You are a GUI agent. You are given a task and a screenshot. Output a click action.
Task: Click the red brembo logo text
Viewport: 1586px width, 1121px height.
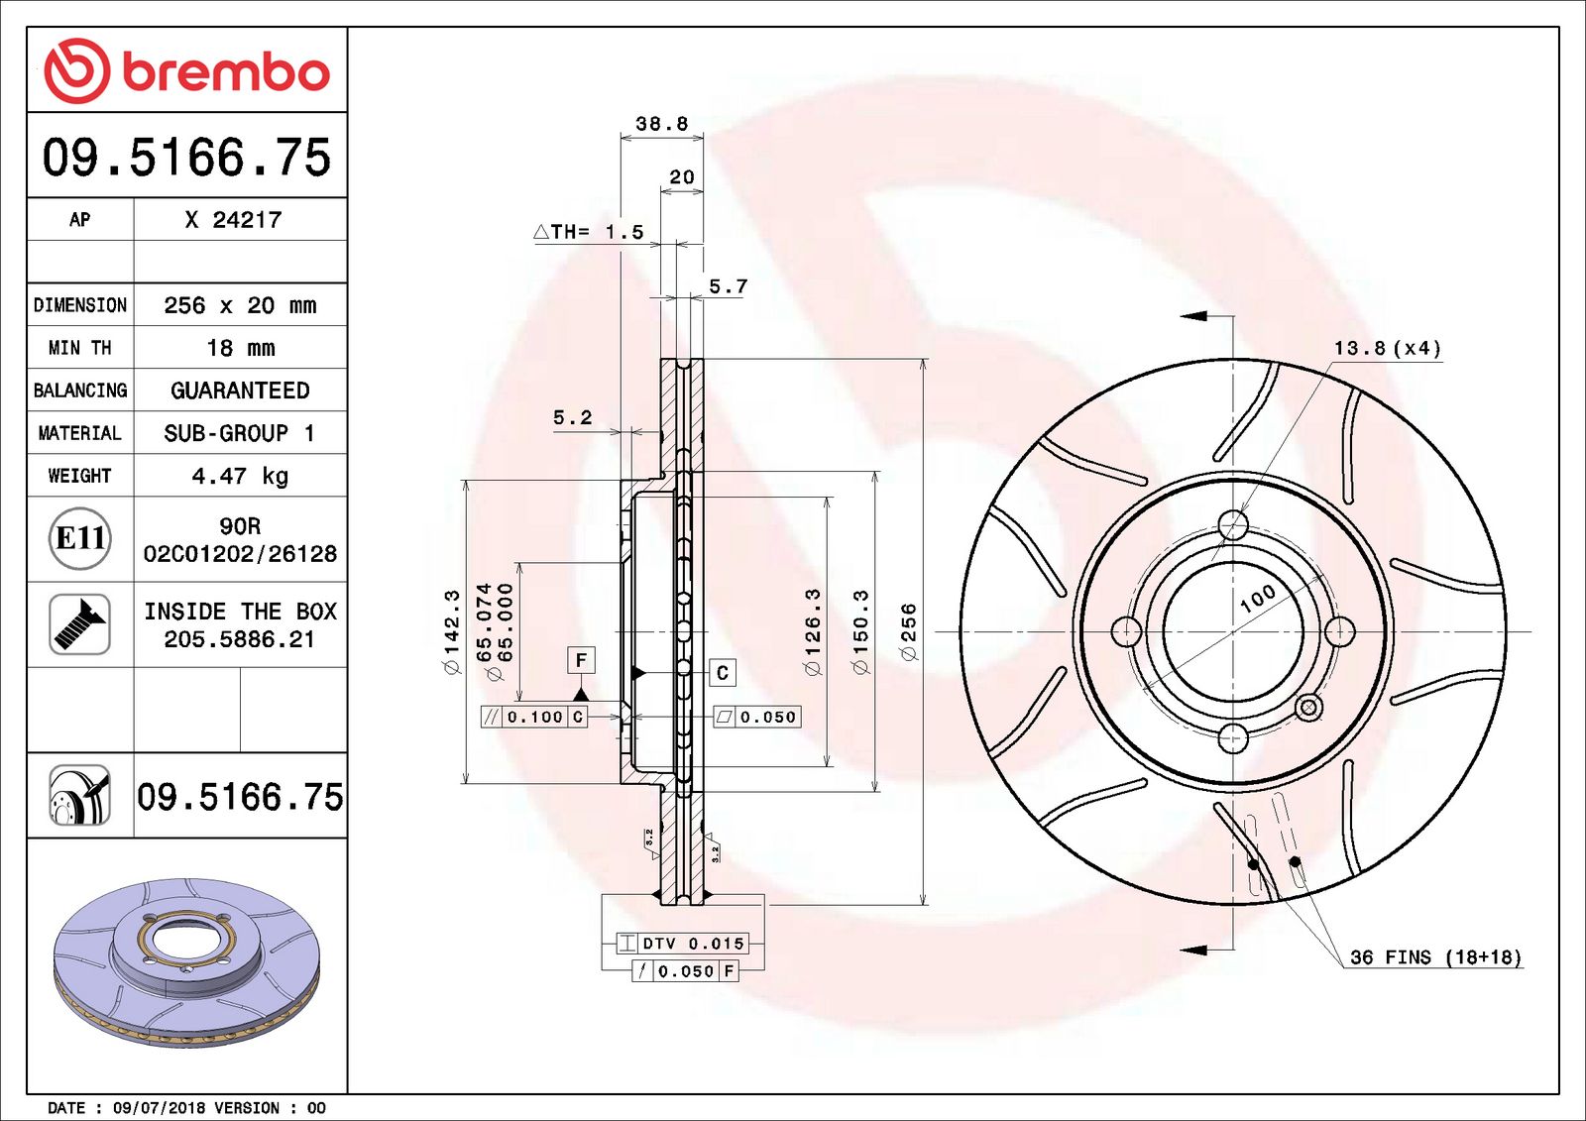(x=226, y=72)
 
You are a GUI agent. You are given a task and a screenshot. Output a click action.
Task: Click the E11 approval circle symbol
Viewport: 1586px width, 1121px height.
(x=79, y=538)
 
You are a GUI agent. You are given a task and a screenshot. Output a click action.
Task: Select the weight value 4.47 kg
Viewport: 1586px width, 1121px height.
(x=240, y=476)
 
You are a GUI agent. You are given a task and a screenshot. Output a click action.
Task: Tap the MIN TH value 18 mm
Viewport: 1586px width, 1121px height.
(x=240, y=348)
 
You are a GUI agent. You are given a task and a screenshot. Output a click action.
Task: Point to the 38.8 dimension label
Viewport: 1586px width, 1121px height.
(x=661, y=124)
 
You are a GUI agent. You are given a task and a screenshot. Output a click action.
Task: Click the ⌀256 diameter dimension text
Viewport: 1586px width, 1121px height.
(x=908, y=631)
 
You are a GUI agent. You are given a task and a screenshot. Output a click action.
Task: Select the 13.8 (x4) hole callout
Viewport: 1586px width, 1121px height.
(x=1387, y=348)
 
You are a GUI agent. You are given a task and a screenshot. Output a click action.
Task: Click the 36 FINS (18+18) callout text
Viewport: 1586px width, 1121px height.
(x=1435, y=957)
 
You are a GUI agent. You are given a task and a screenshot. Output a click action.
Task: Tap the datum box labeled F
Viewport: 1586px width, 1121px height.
(x=581, y=660)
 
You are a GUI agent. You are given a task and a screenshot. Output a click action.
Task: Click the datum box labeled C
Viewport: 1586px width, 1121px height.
(x=723, y=673)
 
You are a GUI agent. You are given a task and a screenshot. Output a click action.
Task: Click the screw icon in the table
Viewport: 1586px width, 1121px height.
(x=79, y=624)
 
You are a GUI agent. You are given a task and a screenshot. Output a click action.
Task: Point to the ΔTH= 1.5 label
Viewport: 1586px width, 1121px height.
(x=589, y=232)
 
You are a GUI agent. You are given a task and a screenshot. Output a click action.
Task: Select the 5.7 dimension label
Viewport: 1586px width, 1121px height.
(x=728, y=286)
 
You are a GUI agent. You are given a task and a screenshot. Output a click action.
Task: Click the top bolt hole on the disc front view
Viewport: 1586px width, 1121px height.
(x=1232, y=525)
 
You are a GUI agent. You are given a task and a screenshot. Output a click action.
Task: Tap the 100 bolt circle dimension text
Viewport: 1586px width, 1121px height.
(x=1257, y=598)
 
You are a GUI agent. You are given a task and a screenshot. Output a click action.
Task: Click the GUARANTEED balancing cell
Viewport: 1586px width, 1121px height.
(x=240, y=391)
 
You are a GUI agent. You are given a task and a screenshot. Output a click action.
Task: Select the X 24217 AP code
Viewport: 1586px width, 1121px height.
(x=233, y=220)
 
